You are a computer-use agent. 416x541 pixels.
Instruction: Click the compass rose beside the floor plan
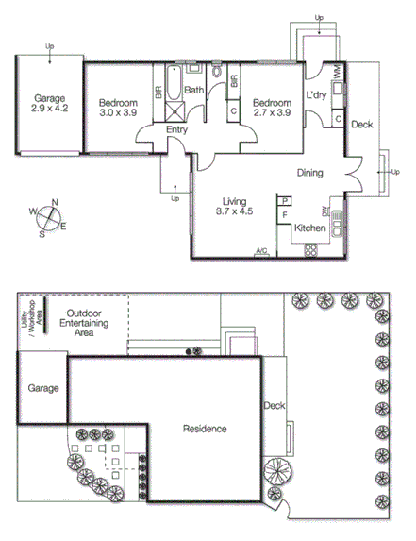pyautogui.click(x=47, y=217)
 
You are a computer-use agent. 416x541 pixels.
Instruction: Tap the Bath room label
pyautogui.click(x=193, y=91)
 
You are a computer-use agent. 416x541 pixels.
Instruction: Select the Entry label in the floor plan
pyautogui.click(x=176, y=129)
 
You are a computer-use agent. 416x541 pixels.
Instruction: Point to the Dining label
pyautogui.click(x=310, y=173)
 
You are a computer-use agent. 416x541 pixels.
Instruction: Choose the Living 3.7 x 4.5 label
pyautogui.click(x=235, y=207)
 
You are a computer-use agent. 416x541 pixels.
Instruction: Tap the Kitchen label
pyautogui.click(x=310, y=228)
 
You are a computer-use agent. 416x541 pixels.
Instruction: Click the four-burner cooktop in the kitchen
pyautogui.click(x=309, y=249)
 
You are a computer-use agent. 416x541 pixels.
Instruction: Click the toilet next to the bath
pyautogui.click(x=217, y=72)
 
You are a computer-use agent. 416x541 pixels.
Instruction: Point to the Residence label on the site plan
pyautogui.click(x=205, y=429)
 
